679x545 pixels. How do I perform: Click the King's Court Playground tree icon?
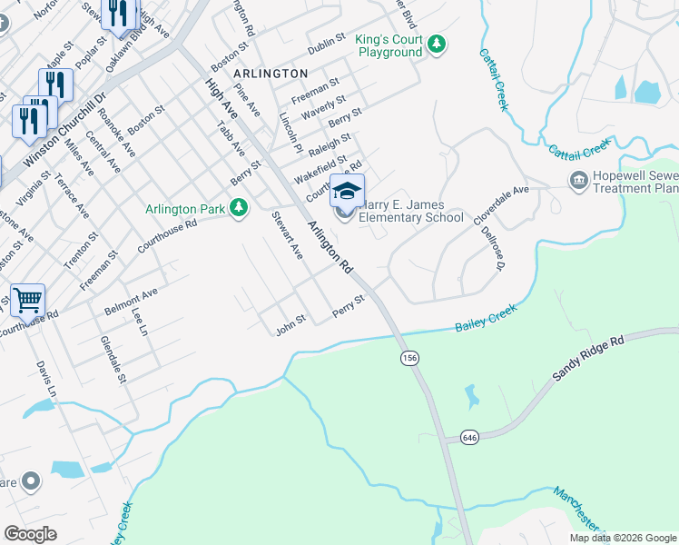pos(438,44)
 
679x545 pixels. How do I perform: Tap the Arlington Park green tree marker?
pos(239,209)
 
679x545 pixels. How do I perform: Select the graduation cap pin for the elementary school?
pos(346,191)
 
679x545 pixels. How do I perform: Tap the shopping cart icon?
pos(28,299)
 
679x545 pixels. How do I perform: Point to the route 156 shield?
pos(410,359)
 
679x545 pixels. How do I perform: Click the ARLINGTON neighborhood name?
pos(271,72)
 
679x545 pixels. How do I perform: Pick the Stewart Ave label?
pos(287,235)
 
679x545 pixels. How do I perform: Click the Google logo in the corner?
pos(31,533)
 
